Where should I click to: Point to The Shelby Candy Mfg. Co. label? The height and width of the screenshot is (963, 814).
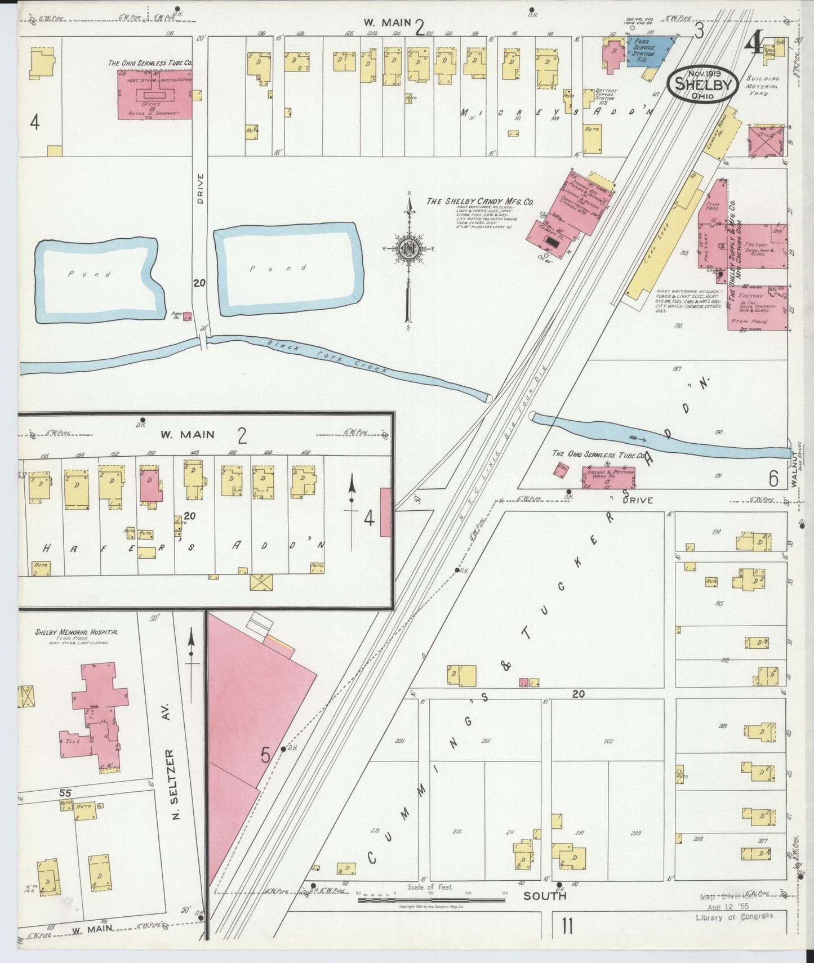pyautogui.click(x=479, y=202)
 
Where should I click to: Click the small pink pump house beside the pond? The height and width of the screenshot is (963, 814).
pyautogui.click(x=188, y=316)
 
